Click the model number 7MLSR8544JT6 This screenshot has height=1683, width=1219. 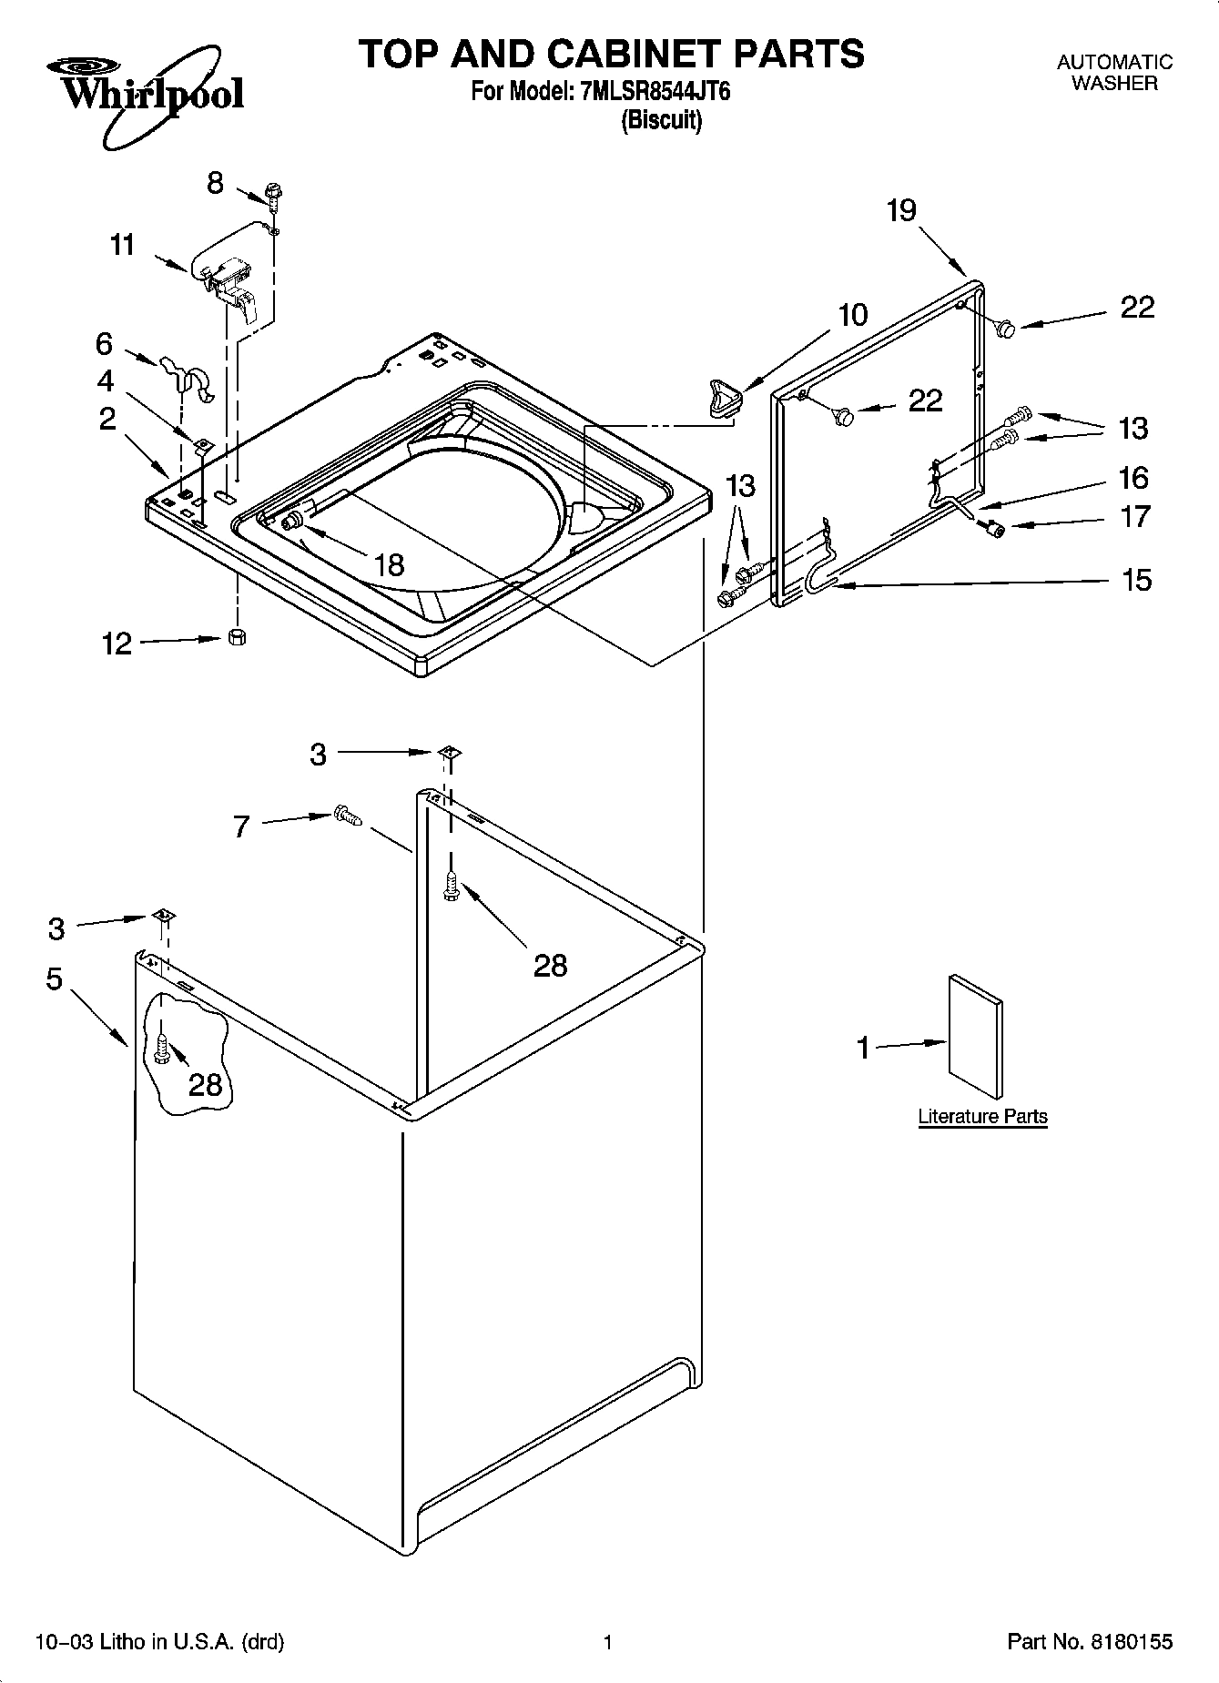[655, 91]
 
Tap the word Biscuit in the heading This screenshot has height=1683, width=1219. [661, 120]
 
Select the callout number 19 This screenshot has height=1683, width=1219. [901, 210]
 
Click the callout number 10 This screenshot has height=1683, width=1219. [852, 315]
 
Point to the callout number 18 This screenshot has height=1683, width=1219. [389, 564]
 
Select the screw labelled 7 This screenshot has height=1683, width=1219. [347, 816]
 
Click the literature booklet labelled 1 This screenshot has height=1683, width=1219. [976, 1037]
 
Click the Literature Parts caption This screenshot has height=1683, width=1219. [982, 1116]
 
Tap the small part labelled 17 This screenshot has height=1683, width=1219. [994, 529]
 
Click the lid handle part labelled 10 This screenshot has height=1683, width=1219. [723, 399]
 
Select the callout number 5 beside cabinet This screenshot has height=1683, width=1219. [55, 979]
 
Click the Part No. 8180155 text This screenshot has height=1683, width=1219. [1089, 1642]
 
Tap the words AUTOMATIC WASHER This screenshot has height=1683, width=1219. [1113, 73]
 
